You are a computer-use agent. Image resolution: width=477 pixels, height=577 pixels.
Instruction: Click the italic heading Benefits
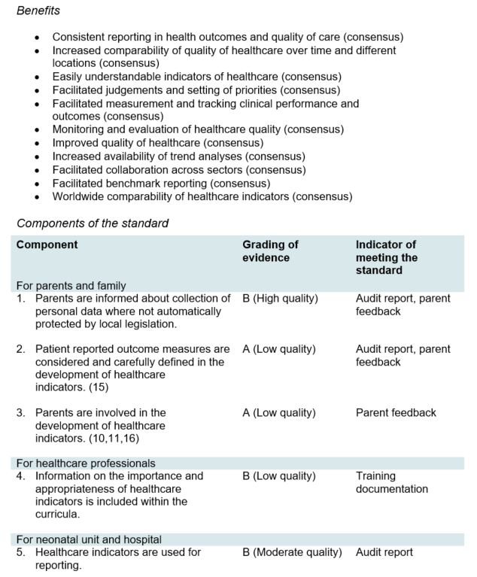[x=38, y=11]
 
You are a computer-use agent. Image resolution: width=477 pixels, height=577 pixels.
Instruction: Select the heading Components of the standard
[x=93, y=223]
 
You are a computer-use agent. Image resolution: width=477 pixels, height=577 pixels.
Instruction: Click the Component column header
[x=47, y=245]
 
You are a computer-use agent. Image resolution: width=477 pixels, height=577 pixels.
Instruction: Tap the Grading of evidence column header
[x=270, y=251]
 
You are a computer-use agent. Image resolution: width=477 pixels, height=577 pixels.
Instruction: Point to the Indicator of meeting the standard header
[x=387, y=257]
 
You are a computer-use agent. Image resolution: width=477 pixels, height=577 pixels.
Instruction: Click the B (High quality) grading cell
[x=280, y=299]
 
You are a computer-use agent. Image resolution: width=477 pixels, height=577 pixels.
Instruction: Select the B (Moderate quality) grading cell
[x=292, y=553]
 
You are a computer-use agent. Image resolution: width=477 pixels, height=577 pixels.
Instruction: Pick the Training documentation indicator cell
[x=391, y=482]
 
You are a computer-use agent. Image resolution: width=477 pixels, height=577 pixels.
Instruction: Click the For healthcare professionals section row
[x=86, y=463]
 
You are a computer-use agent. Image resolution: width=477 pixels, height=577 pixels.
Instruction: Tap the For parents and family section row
[x=71, y=286]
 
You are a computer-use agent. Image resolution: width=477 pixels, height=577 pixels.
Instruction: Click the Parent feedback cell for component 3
[x=396, y=413]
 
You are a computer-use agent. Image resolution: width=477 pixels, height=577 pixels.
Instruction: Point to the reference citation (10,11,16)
[x=110, y=439]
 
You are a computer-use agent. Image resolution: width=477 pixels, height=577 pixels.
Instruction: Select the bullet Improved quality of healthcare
[x=157, y=143]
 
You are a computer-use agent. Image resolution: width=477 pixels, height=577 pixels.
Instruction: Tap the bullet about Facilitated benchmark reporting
[x=161, y=184]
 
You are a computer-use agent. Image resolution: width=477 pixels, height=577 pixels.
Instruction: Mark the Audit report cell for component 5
[x=384, y=553]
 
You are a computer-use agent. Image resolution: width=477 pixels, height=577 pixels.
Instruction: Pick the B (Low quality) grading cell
[x=278, y=476]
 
